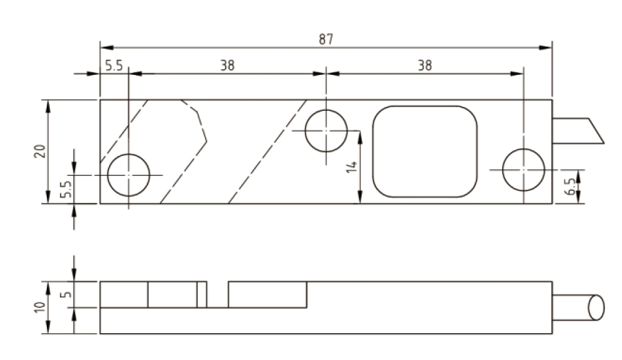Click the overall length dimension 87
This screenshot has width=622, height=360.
(326, 39)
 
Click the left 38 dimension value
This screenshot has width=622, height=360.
(227, 65)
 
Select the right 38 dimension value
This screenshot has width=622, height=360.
(424, 65)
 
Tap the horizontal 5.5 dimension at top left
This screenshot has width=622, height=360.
(114, 65)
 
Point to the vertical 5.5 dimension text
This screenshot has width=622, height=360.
(67, 189)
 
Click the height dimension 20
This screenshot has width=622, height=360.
(39, 151)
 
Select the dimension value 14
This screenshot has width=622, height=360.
(351, 167)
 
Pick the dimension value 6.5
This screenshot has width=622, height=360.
(569, 186)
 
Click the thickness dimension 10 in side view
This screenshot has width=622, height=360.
(39, 307)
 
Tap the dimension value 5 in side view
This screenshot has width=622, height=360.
(67, 294)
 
